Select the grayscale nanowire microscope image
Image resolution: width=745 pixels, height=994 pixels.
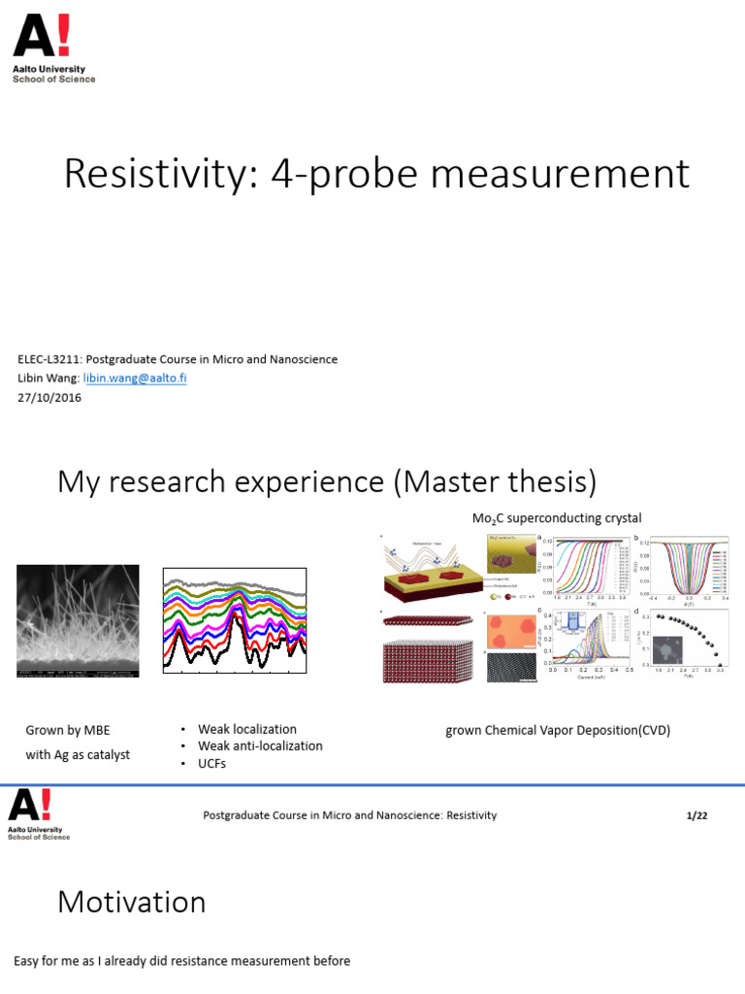point(78,621)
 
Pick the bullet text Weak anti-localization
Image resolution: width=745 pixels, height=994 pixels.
point(260,745)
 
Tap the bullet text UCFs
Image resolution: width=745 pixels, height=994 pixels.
point(212,764)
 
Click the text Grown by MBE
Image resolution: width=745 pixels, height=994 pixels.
point(68,730)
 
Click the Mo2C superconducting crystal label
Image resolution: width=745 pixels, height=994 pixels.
point(557,518)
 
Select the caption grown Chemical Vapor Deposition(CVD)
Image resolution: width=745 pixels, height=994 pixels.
point(558,730)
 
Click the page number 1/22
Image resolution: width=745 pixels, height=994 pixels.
point(696,815)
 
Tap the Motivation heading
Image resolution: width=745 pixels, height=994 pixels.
point(132,903)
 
